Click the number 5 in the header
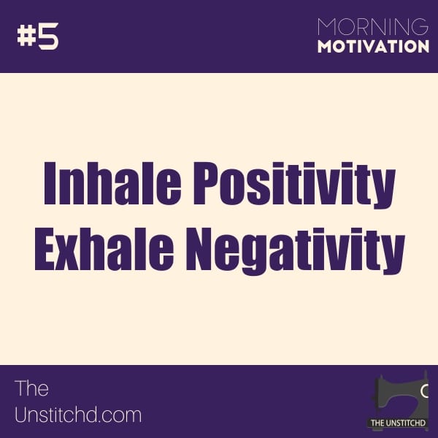click(x=48, y=36)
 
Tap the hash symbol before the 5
click(x=26, y=36)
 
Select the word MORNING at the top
click(x=373, y=27)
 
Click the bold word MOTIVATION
click(x=374, y=47)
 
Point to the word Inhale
click(x=112, y=183)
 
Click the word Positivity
click(x=295, y=185)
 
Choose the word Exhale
click(x=104, y=249)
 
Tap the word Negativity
click(x=296, y=251)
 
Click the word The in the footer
click(x=31, y=388)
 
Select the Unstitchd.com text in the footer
click(x=78, y=415)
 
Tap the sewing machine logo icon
click(x=399, y=398)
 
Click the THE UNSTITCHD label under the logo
click(x=398, y=423)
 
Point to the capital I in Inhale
click(x=51, y=183)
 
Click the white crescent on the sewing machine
click(x=424, y=391)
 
